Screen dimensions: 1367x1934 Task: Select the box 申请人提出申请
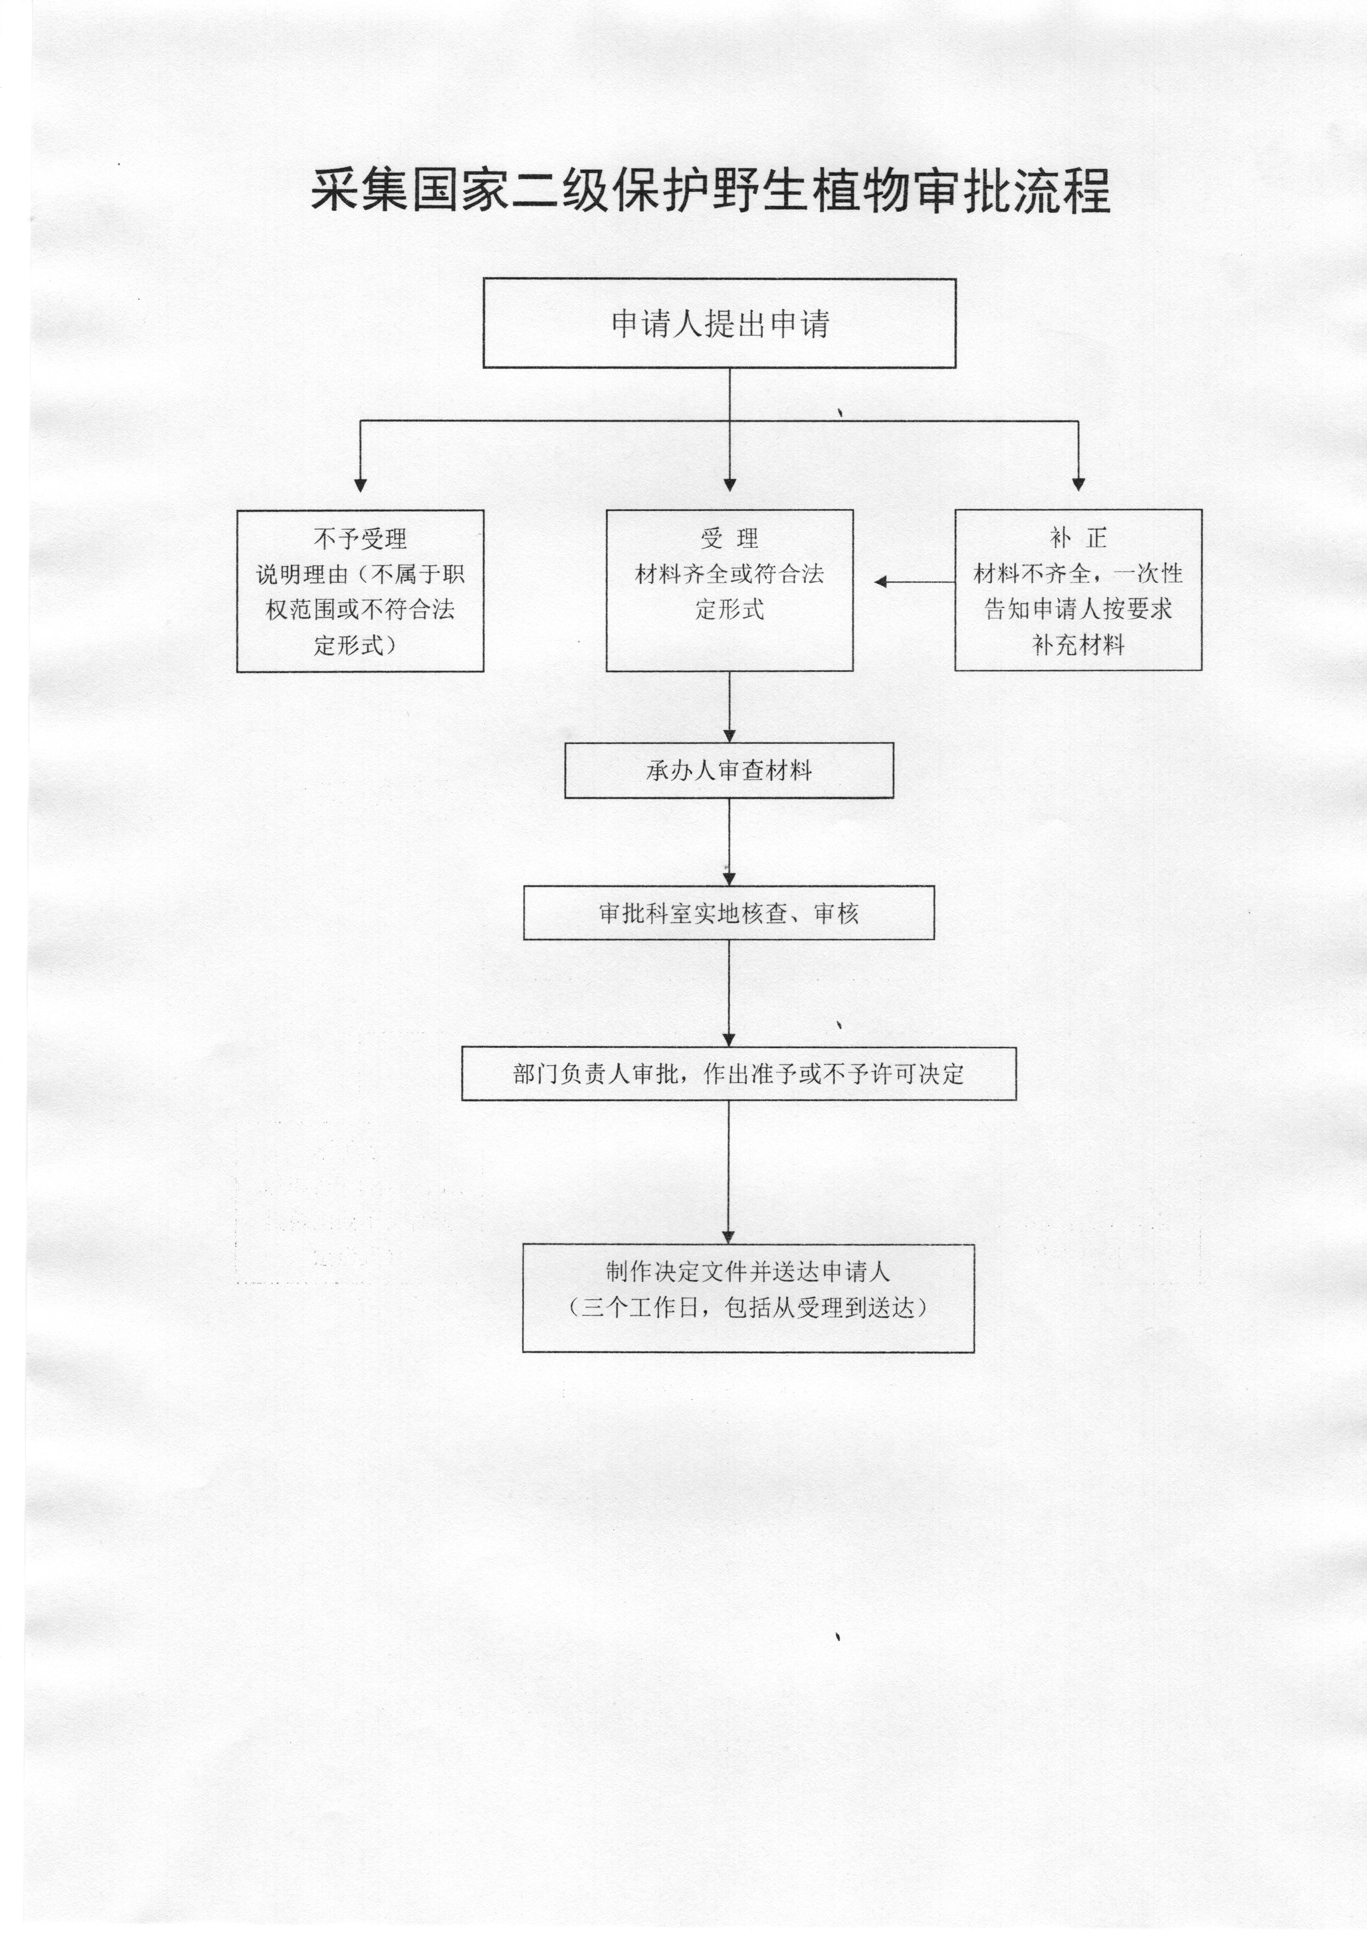tap(719, 324)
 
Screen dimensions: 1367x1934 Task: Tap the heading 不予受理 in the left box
tap(360, 538)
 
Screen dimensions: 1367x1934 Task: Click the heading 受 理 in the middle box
tap(730, 538)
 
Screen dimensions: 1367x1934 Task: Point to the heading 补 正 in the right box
tap(1078, 538)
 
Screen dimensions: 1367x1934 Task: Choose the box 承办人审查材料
tap(728, 770)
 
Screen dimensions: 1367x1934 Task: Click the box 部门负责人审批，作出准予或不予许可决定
tap(739, 1074)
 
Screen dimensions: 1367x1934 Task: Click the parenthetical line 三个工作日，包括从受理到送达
tap(748, 1307)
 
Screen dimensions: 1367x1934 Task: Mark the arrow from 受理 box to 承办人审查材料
tap(730, 707)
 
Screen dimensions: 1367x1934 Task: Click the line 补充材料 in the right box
tap(1078, 646)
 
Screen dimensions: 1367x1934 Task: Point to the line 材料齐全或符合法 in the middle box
tap(730, 574)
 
